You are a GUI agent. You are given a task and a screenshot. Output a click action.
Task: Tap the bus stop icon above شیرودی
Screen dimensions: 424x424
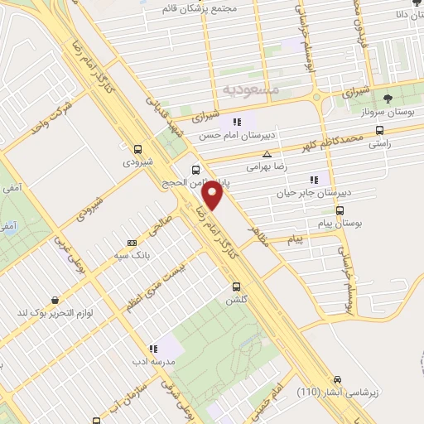click(x=137, y=150)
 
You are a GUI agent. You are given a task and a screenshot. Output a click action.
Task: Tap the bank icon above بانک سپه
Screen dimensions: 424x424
click(x=131, y=243)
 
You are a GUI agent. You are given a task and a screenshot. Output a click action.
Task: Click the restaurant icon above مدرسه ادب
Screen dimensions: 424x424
click(x=153, y=349)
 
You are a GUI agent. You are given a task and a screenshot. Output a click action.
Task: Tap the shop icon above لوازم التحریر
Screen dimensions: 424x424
click(x=55, y=301)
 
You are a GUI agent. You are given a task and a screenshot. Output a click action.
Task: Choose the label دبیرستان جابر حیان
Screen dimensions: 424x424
click(x=314, y=191)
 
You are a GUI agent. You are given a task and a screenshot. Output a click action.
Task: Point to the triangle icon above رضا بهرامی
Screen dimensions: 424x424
click(x=267, y=154)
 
